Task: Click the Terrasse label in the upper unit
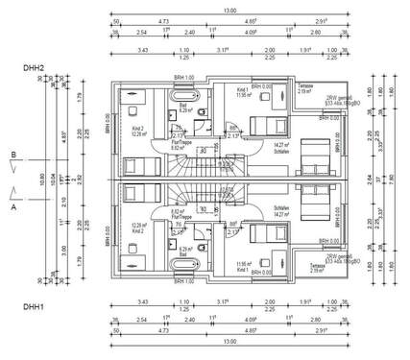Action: pyautogui.click(x=306, y=85)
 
